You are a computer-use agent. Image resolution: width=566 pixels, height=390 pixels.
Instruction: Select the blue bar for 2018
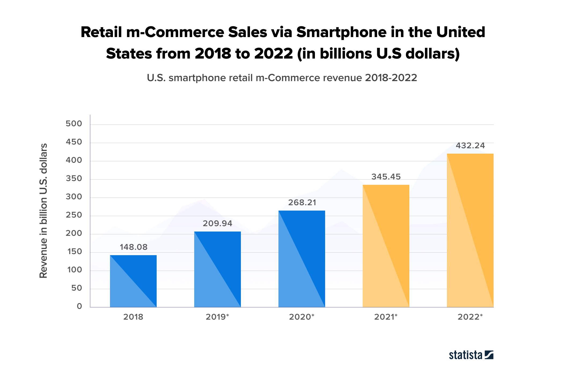coord(133,281)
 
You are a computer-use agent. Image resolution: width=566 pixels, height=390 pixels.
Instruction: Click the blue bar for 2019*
coord(218,269)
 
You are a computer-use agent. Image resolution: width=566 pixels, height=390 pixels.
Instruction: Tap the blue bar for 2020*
coord(302,259)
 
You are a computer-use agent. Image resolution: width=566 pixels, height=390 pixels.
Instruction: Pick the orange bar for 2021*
coord(386,246)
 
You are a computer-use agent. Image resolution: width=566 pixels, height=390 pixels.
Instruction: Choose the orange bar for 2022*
coord(470,230)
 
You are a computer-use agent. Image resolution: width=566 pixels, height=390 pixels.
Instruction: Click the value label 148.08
coord(134,247)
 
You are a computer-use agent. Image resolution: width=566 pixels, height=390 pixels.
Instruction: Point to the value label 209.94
coord(218,223)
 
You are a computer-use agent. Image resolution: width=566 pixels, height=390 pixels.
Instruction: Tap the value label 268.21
coord(302,203)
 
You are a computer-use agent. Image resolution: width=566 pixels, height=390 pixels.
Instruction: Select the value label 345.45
coord(386,177)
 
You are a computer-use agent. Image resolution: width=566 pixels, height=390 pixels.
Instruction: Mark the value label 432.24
coord(471,146)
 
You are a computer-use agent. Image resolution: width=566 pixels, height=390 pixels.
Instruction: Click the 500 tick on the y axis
coord(74,124)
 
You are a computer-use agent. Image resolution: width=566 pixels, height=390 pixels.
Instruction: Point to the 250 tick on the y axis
coord(74,215)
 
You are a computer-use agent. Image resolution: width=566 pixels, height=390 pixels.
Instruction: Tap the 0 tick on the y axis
coord(79,306)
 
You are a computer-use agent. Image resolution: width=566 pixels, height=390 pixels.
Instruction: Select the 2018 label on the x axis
coord(133,317)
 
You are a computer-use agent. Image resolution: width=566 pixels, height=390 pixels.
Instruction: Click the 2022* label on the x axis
coord(470,317)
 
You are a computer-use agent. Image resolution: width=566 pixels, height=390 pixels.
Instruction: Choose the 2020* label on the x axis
coord(302,317)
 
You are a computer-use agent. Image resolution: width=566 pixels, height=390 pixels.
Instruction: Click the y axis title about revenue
coord(43,211)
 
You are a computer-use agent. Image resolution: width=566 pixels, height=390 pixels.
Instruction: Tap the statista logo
coord(471,355)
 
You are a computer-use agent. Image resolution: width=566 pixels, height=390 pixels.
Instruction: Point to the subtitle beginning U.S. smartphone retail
coord(282,78)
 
